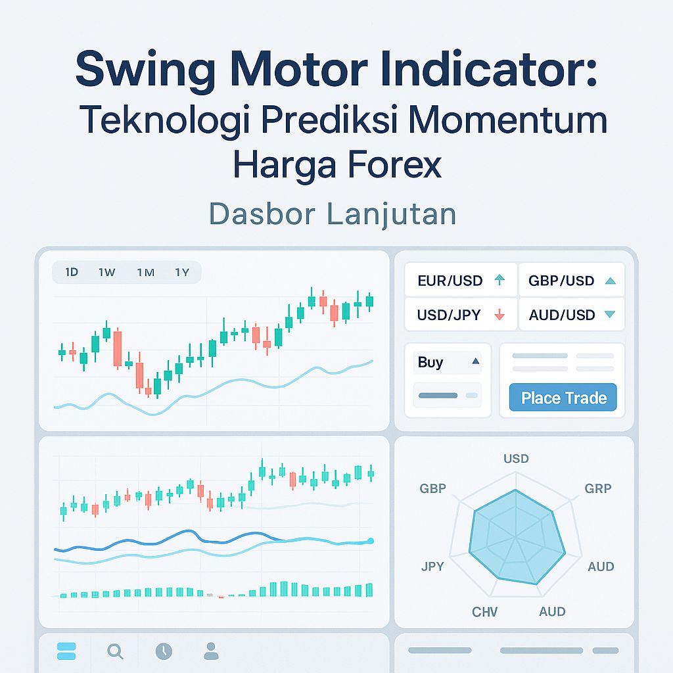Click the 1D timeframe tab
(x=72, y=272)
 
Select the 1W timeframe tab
(x=106, y=272)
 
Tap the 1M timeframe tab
(x=145, y=272)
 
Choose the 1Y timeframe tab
(x=182, y=272)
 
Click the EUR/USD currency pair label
(x=450, y=281)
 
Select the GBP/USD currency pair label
(x=561, y=281)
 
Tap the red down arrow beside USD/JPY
(x=499, y=315)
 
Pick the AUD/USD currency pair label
(x=561, y=315)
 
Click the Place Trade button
(x=563, y=398)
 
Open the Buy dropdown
(x=448, y=362)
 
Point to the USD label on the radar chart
(x=516, y=458)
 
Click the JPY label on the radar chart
(x=432, y=567)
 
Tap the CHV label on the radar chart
(x=485, y=612)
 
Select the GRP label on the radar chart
(x=598, y=488)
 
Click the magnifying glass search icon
(x=115, y=651)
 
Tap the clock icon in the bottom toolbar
(x=164, y=651)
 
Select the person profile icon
(x=211, y=651)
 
